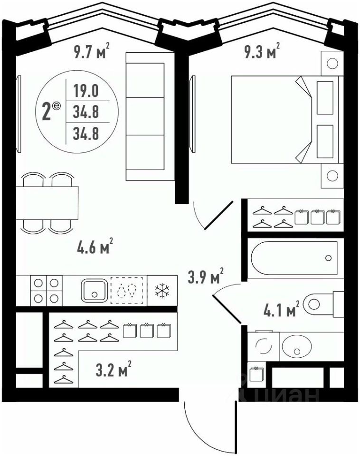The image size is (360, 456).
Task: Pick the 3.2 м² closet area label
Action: [x=114, y=369]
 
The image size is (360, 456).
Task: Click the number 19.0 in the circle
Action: [x=86, y=90]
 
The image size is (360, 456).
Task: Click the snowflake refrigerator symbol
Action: [x=162, y=291]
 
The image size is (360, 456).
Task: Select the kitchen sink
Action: [x=95, y=290]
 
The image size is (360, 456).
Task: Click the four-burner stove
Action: [x=46, y=291]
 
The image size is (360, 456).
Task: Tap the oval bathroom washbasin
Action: [x=297, y=347]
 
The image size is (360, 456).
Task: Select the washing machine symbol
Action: [x=264, y=346]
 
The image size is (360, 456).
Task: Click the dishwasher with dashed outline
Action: [x=127, y=291]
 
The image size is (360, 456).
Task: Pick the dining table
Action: [x=47, y=203]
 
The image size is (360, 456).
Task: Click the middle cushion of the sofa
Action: [x=145, y=116]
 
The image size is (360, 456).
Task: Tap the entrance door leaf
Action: [x=236, y=426]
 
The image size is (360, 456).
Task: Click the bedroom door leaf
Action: [x=219, y=215]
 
